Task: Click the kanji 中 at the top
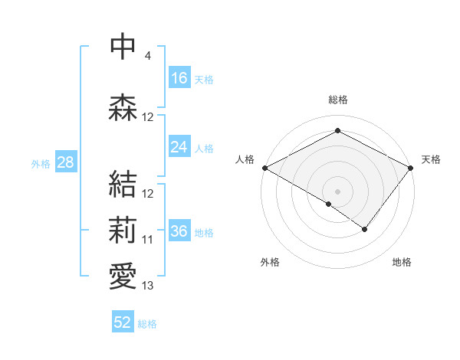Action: (x=123, y=47)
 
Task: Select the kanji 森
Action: (x=123, y=108)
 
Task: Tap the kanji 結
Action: (x=123, y=184)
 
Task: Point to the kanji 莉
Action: (x=123, y=230)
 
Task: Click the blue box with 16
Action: (x=179, y=77)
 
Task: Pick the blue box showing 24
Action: (x=179, y=147)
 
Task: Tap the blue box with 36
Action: (x=179, y=231)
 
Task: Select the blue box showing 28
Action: (x=65, y=162)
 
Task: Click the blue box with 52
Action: (x=123, y=322)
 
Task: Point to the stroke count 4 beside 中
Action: (x=147, y=56)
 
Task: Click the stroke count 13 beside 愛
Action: (x=148, y=286)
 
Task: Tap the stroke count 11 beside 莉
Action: (x=148, y=240)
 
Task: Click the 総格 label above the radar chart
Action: (x=337, y=100)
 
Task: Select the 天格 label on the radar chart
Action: (x=431, y=159)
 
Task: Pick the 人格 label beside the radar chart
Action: (x=245, y=159)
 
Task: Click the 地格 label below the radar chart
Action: (x=402, y=262)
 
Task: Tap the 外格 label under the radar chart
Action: (x=270, y=262)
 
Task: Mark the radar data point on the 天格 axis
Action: (x=412, y=168)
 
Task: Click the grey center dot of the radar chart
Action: (x=337, y=191)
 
